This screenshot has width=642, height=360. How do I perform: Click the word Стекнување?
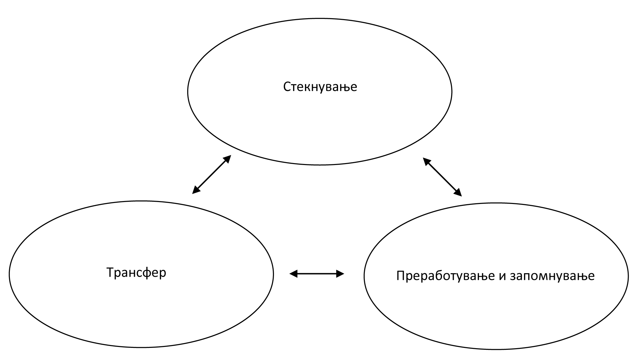[320, 87]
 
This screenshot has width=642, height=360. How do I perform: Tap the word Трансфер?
[136, 273]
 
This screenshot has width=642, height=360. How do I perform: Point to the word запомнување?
[552, 276]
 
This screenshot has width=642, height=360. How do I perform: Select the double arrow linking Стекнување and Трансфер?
[211, 174]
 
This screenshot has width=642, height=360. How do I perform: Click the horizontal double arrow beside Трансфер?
[317, 274]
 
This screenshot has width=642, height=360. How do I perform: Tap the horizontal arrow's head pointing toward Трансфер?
[293, 274]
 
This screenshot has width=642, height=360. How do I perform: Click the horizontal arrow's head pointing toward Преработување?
[340, 274]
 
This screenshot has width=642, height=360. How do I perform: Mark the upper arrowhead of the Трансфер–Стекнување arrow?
[227, 158]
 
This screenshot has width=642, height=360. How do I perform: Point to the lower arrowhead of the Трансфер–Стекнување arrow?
[196, 191]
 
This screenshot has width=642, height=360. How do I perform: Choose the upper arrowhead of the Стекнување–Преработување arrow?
[426, 161]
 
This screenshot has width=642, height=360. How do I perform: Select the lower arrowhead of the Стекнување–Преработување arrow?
[458, 193]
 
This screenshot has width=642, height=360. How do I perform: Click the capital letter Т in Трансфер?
[110, 273]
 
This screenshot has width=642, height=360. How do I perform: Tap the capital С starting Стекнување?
[287, 87]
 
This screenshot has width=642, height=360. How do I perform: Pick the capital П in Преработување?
[401, 276]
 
